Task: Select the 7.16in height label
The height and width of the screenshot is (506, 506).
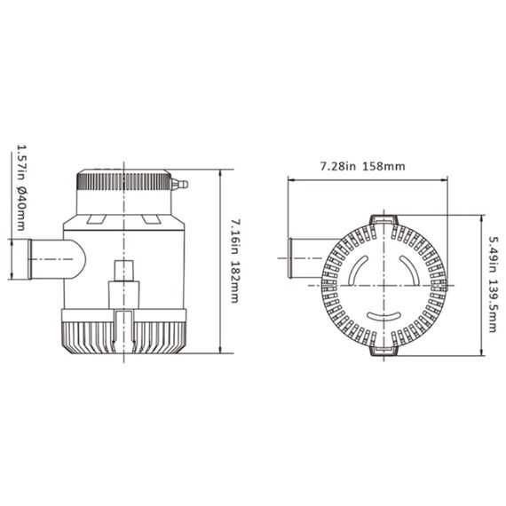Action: [235, 234]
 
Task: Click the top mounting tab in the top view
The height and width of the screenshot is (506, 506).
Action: [382, 218]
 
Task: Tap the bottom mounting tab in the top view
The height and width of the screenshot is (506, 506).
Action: [382, 354]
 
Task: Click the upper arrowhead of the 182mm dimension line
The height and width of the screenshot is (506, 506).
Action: [219, 172]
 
